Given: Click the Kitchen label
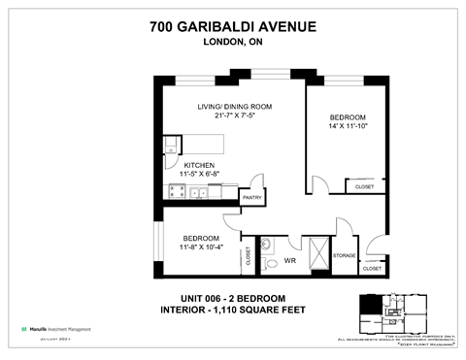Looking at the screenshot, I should click(199, 165).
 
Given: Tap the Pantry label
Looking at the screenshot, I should click(252, 197).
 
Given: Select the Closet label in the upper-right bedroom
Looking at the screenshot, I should click(364, 187).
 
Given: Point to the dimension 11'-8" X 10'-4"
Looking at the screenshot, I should click(202, 247).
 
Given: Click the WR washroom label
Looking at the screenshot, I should click(290, 261).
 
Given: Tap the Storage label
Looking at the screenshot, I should click(344, 255).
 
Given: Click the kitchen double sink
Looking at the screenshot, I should click(199, 192).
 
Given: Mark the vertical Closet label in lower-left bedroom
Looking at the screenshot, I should click(249, 256).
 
